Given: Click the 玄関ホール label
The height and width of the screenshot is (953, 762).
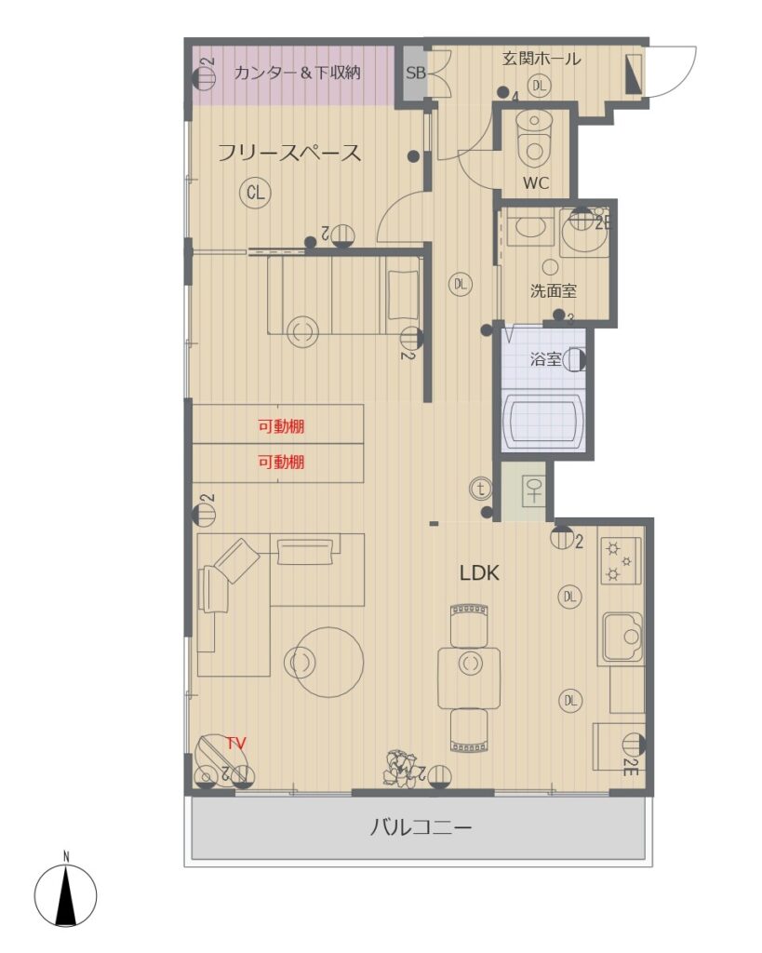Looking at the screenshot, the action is pos(541,59).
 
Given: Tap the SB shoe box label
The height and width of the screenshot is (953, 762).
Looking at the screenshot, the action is pos(416,73).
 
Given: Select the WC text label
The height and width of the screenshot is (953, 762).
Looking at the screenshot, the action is pos(535,183).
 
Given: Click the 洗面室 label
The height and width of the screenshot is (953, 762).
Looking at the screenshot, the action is pos(553,291).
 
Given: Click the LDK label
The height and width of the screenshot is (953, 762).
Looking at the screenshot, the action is pos(479,573).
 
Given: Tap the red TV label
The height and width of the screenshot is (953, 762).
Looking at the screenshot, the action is pos(235,743).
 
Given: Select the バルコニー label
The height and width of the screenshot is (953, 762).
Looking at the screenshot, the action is pos(421,827).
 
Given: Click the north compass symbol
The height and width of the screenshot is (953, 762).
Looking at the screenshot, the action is pos(66,895).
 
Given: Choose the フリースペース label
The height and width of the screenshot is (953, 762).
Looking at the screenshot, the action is pos(289,153).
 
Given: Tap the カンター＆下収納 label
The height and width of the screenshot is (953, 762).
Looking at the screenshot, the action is pos(297,73).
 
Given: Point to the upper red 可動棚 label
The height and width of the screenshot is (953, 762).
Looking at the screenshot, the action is pos(281,426).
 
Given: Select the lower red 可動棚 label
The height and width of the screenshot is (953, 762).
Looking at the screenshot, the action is pos(281,463).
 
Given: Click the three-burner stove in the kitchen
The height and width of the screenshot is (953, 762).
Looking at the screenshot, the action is pos(621,560).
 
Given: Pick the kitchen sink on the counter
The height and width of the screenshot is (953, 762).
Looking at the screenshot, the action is pos(622,637).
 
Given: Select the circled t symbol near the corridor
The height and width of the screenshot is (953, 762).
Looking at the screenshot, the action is pos(481,489).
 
